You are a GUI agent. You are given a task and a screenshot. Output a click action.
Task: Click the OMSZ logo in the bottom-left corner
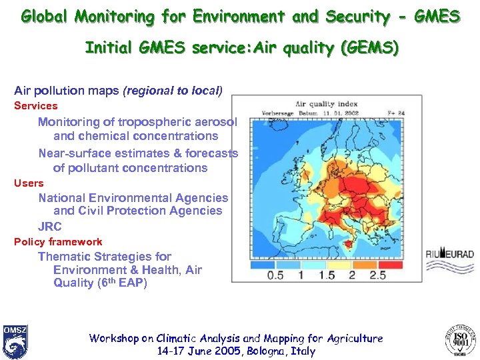[15, 341]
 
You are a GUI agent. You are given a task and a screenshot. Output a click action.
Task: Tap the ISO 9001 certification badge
[460, 341]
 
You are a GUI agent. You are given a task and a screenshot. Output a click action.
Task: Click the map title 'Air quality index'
[326, 104]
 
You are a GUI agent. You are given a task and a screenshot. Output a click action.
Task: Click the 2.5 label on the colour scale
[377, 275]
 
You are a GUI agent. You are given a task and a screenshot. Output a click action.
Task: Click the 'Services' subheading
[36, 106]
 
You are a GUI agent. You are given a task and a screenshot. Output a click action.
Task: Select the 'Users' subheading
[29, 183]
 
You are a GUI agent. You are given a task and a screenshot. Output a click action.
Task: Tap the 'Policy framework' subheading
[58, 242]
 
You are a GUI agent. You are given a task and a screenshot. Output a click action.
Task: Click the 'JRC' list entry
[50, 226]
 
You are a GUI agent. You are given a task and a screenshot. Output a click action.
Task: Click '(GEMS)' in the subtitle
[376, 48]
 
